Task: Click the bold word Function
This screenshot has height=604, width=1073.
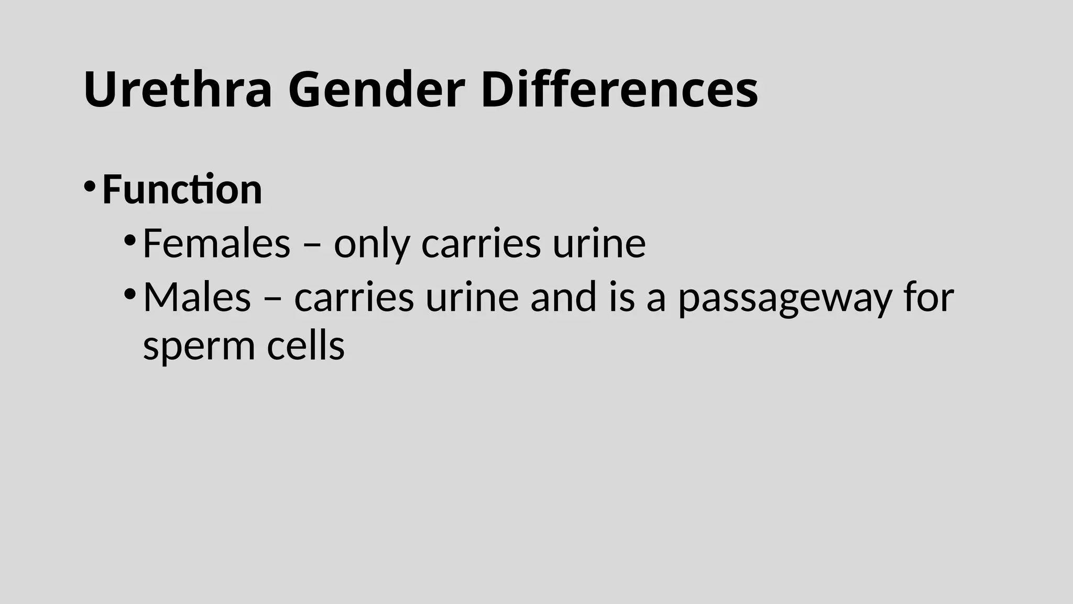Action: (182, 189)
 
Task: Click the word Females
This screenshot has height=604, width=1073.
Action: (216, 243)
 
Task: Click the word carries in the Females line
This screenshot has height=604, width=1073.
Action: (481, 244)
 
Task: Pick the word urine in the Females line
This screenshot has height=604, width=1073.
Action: (599, 244)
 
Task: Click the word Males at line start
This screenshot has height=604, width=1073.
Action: (197, 297)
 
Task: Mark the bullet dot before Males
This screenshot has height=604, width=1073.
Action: (129, 294)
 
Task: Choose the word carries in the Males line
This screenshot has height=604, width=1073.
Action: (354, 297)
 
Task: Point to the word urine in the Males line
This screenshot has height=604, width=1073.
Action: (472, 297)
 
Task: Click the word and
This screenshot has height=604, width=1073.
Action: (563, 297)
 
